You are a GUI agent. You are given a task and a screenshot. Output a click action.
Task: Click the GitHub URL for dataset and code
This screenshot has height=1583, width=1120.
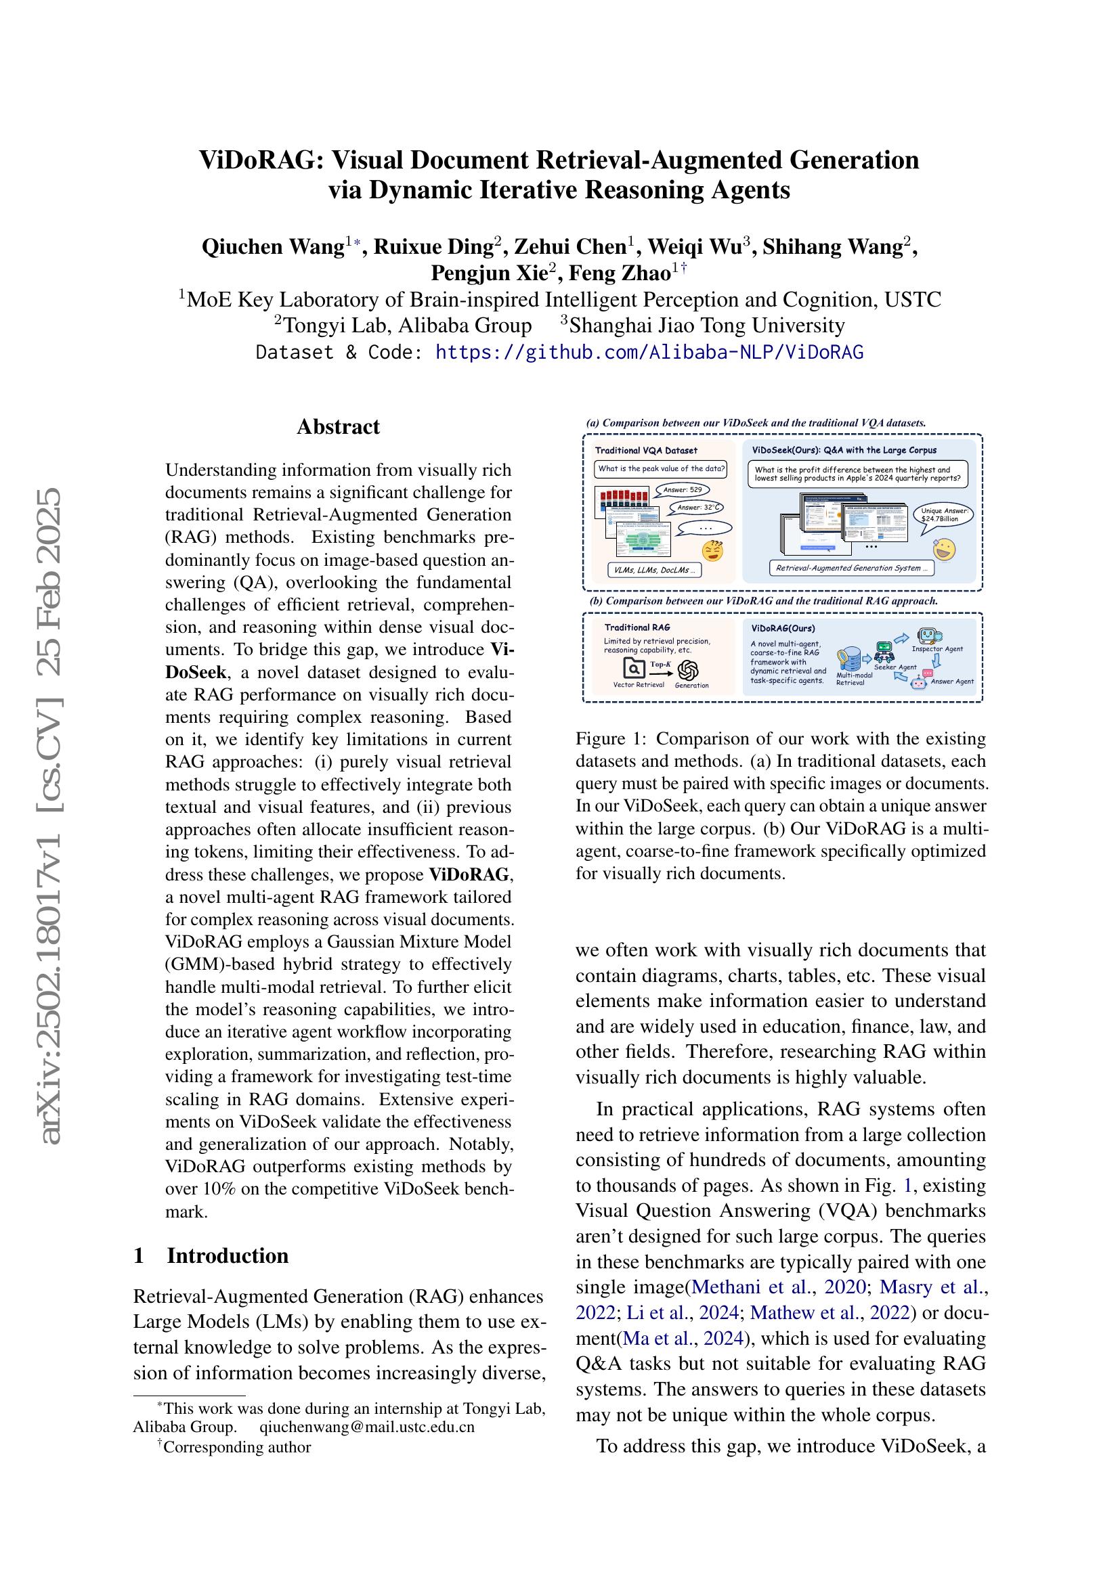pyautogui.click(x=649, y=353)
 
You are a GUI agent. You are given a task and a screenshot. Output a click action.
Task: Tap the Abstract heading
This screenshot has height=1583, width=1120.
pyautogui.click(x=338, y=427)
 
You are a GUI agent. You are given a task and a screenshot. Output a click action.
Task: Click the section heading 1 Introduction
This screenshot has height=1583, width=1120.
pyautogui.click(x=211, y=1255)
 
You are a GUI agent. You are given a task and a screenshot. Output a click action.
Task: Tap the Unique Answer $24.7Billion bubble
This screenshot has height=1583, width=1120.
pyautogui.click(x=944, y=515)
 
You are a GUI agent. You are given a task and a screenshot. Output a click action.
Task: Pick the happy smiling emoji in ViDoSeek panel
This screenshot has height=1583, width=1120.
pyautogui.click(x=943, y=550)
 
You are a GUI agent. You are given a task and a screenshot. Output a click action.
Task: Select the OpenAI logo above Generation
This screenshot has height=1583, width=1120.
pyautogui.click(x=688, y=669)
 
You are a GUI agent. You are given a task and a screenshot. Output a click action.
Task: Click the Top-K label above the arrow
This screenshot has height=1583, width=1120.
pyautogui.click(x=660, y=663)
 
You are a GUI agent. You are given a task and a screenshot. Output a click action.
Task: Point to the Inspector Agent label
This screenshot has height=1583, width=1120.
pyautogui.click(x=936, y=649)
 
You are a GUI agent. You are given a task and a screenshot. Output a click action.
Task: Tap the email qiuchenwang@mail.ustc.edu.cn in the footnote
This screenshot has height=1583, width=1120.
pyautogui.click(x=367, y=1427)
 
